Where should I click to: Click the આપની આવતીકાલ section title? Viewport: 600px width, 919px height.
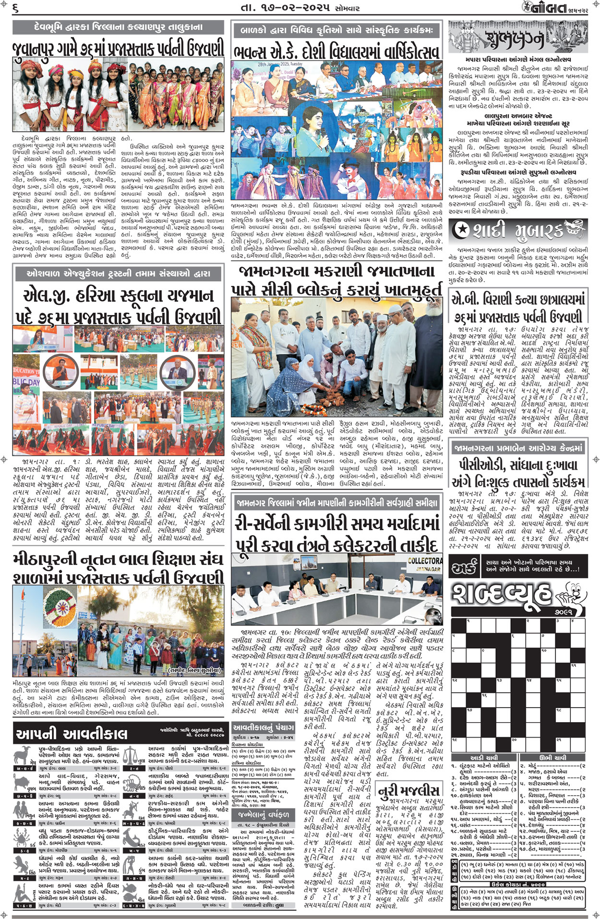[x=72, y=733]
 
